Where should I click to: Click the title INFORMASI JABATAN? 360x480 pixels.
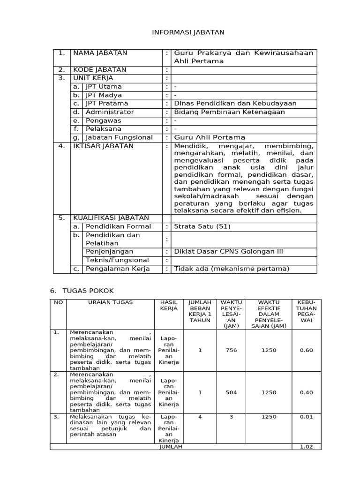point(181,32)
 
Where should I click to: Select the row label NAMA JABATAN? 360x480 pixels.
point(100,53)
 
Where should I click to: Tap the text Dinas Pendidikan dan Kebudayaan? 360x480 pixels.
point(235,104)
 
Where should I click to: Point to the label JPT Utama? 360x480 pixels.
point(104,87)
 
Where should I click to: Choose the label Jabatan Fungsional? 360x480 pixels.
point(119,137)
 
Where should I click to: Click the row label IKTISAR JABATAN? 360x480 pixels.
point(103,146)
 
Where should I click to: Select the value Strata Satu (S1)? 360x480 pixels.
point(202,226)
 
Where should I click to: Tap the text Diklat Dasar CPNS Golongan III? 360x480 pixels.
point(228,252)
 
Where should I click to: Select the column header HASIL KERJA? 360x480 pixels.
point(169,306)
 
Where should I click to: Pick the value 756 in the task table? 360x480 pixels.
point(231,350)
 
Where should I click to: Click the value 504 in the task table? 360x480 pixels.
point(231,392)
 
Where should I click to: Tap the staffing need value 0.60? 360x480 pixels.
point(306,350)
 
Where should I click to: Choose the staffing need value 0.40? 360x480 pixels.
point(306,392)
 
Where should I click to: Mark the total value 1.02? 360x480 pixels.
point(306,447)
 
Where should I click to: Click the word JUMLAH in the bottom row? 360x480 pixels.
point(171,447)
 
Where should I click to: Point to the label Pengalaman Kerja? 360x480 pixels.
point(118,269)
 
